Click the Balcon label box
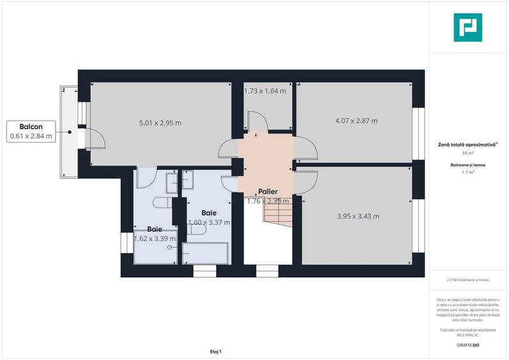coord(31,131)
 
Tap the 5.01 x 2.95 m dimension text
coord(161,122)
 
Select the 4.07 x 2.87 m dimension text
coord(356,120)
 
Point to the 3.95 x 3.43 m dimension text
coord(358,216)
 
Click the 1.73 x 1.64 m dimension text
coord(265,91)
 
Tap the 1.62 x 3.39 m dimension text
coord(155,239)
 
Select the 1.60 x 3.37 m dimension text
coord(209,222)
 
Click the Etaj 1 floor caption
coord(215,351)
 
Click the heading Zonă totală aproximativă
coord(467,145)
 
